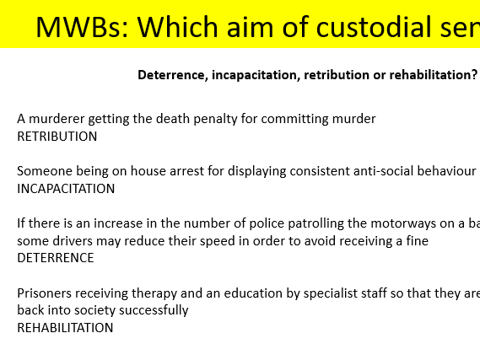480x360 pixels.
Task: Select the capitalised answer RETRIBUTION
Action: pos(57,136)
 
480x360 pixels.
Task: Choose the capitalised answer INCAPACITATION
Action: pos(66,188)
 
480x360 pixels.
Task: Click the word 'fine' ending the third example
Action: pos(417,241)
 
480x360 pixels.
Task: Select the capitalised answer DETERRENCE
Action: pos(56,258)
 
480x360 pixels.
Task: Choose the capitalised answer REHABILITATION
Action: pos(65,327)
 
